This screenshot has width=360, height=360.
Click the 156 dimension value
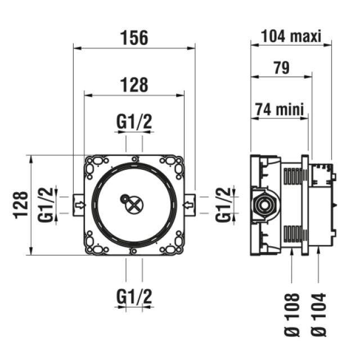coord(134,38)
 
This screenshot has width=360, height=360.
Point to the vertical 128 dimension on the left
coord(21,205)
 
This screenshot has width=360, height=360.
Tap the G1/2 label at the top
coord(134,121)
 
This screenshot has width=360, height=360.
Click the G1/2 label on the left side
coord(49,205)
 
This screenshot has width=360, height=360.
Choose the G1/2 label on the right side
coord(224,205)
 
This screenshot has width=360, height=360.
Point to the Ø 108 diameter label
coord(293,314)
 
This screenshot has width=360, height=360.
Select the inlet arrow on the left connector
coord(80,204)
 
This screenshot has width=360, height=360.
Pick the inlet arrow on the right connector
coord(188,204)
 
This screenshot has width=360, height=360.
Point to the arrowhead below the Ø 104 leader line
coord(318,254)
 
